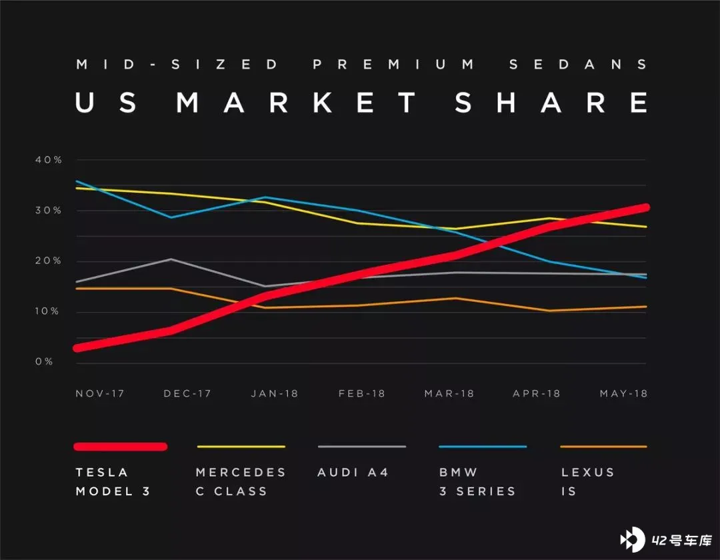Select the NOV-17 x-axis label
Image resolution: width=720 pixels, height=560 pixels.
[x=100, y=393]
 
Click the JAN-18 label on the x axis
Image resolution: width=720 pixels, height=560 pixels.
[x=275, y=393]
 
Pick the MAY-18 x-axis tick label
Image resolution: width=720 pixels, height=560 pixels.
[x=623, y=393]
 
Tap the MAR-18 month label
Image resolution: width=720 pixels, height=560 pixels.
[x=449, y=393]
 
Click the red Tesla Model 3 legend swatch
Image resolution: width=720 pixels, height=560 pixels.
[x=120, y=447]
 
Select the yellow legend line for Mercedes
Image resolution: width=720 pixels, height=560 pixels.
[x=241, y=447]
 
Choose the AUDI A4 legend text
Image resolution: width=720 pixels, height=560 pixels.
[x=353, y=473]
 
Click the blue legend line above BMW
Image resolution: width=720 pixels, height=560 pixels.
[x=483, y=447]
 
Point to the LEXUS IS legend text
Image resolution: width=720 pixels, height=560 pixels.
[x=587, y=481]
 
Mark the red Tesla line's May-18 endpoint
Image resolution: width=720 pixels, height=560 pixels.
[x=645, y=208]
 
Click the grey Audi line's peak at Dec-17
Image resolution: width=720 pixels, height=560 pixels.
[x=171, y=259]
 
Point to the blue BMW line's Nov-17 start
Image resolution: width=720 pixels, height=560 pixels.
[x=77, y=181]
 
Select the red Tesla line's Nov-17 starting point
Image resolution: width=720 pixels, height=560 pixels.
[x=78, y=347]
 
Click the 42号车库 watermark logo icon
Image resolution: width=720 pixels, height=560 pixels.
[x=631, y=539]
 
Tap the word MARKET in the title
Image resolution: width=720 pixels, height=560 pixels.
[x=297, y=103]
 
